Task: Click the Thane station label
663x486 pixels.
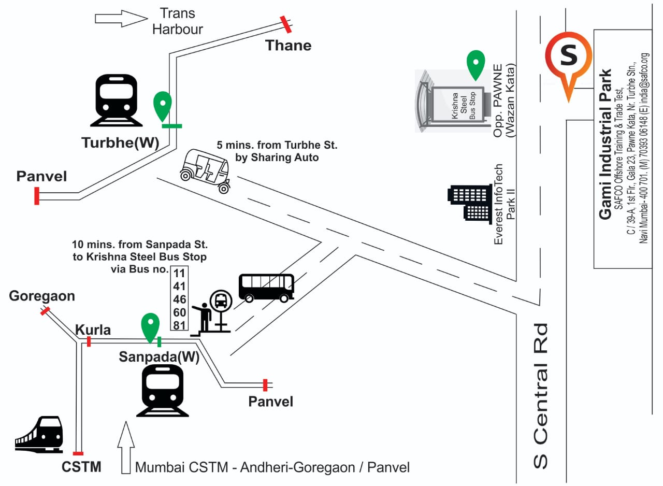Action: point(289,46)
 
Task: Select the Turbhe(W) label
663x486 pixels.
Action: point(120,143)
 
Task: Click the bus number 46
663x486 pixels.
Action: point(179,299)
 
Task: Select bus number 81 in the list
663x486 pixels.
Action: point(179,325)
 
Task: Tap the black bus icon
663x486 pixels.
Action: point(266,287)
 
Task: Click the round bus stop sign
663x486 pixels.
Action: point(221,300)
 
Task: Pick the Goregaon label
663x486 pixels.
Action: point(42,296)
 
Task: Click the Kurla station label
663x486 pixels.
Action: point(93,330)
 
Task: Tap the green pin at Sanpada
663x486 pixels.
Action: point(150,327)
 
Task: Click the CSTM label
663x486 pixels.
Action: point(81,467)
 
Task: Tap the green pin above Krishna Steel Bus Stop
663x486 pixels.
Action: point(475,64)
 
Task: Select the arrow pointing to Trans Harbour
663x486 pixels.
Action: point(121,19)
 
